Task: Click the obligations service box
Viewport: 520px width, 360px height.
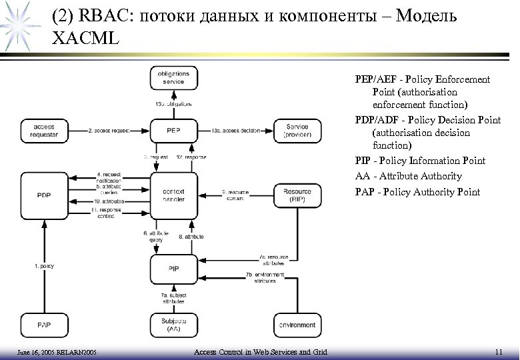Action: (173, 77)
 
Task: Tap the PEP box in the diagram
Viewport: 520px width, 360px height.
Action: (173, 131)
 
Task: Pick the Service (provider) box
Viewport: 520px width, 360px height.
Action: (297, 131)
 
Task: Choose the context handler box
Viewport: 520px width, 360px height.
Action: (173, 194)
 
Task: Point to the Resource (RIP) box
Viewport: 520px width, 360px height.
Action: (297, 194)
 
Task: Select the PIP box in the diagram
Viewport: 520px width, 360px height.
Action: (173, 268)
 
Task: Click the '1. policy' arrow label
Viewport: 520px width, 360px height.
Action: (45, 266)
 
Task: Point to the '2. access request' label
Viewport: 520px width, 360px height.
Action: (109, 131)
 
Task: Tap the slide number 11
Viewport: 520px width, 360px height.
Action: (499, 351)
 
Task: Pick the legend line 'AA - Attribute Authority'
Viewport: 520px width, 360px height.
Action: (408, 177)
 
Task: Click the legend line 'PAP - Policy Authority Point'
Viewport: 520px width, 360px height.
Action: (417, 193)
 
